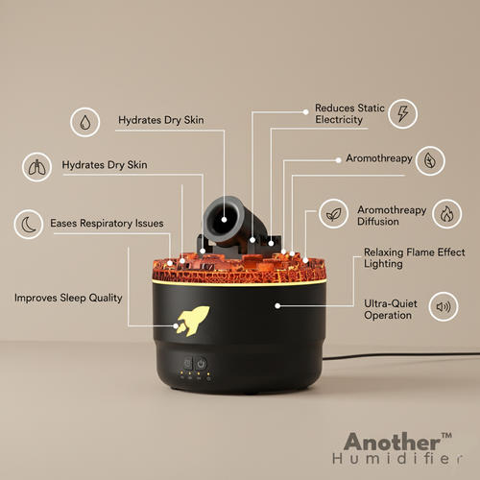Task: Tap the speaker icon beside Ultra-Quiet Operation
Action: point(443,308)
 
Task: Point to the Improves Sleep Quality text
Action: point(68,298)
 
